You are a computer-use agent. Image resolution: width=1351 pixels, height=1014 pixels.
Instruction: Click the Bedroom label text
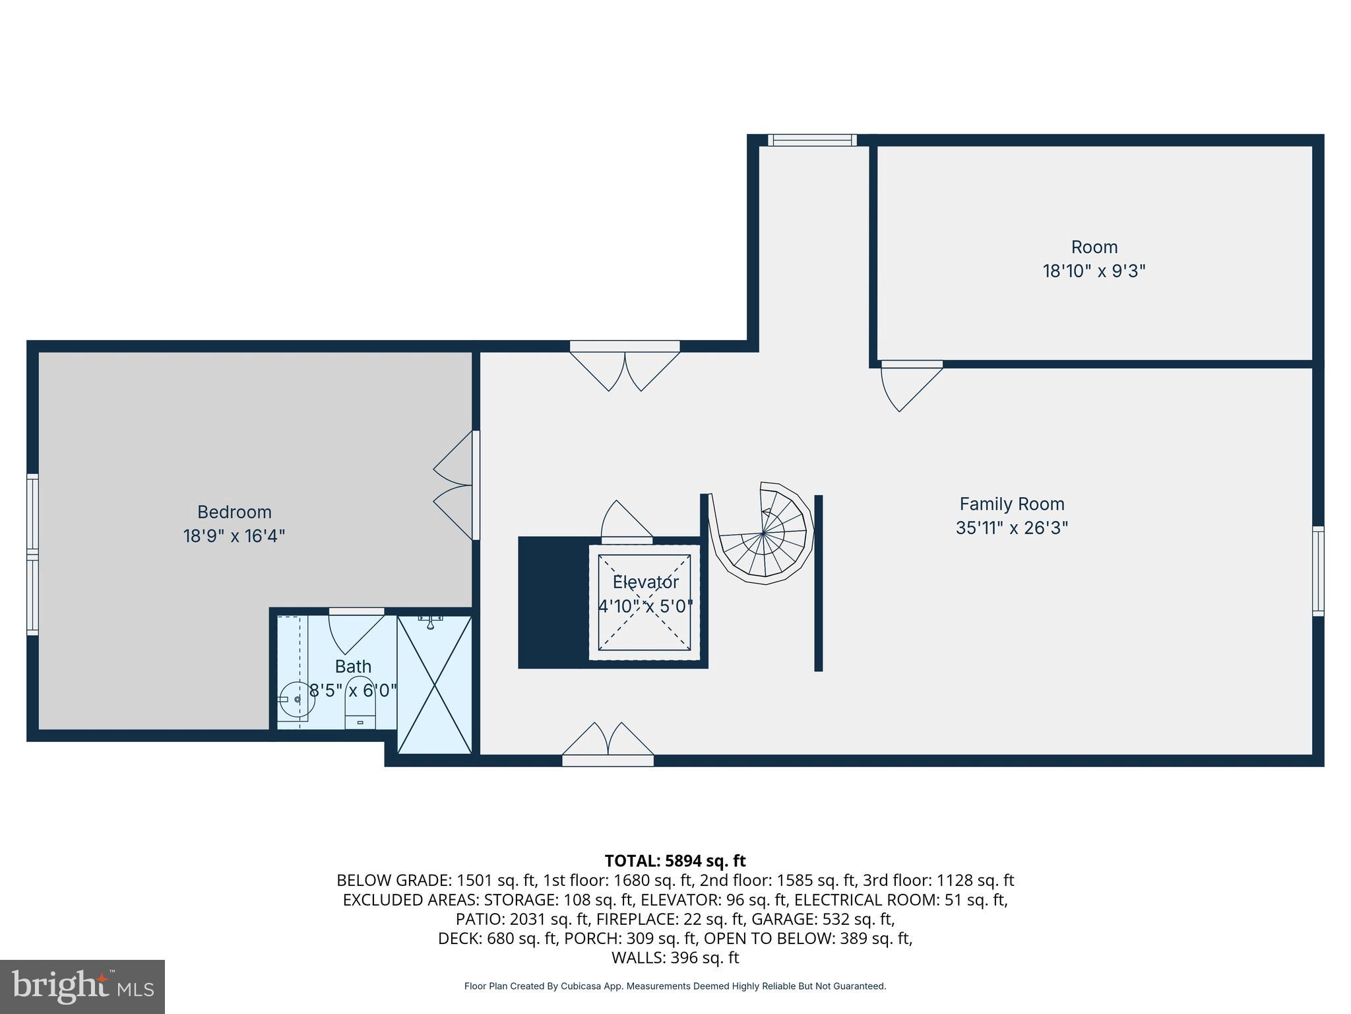234,512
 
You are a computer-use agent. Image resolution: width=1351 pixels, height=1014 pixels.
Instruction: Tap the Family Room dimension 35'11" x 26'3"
1011,528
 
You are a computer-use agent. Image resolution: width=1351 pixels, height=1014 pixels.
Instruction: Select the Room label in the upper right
1094,247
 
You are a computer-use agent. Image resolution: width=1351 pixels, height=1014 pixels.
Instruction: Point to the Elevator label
645,582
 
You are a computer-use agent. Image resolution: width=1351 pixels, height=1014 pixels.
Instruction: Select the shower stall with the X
435,684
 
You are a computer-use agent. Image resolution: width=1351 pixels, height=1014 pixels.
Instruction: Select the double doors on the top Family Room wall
625,368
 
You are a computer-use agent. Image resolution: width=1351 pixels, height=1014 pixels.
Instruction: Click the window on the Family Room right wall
1317,571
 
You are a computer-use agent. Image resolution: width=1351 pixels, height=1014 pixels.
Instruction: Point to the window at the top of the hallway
812,140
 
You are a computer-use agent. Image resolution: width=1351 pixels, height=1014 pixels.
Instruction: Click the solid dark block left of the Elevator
553,602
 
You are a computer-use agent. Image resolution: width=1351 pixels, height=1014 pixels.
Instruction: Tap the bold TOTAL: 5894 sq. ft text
675,861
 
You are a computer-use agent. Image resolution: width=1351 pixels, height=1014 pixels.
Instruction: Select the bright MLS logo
82,986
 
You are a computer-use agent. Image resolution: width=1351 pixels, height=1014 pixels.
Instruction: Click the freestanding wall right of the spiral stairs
818,583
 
